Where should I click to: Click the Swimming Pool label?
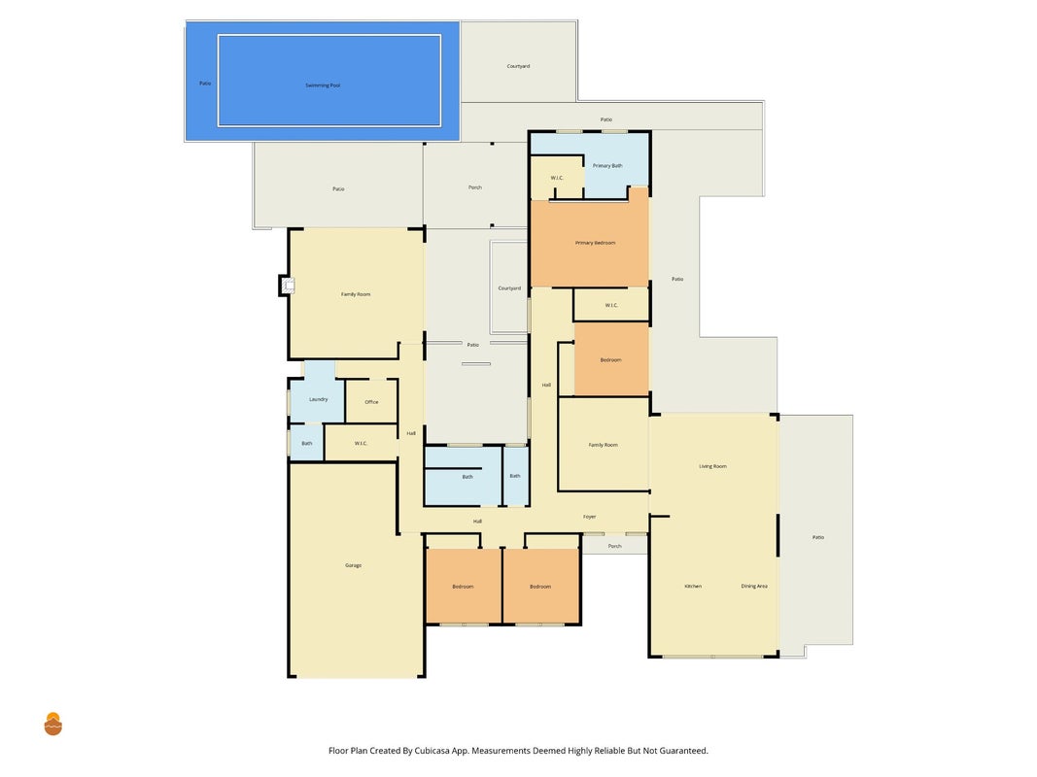323,85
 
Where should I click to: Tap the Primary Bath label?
607,166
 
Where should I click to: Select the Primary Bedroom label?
595,243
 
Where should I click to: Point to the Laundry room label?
318,399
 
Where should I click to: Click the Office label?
371,402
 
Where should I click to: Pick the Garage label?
353,565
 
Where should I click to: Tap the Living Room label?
713,466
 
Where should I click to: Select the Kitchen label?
693,586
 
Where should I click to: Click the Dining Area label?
754,586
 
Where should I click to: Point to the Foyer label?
589,517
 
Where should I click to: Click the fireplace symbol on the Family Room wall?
287,286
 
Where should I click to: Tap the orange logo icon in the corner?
52,725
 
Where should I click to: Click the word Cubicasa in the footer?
433,751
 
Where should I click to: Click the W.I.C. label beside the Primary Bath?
557,178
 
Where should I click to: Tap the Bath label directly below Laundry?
307,443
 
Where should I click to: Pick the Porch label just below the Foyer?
615,547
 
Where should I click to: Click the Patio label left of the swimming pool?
205,84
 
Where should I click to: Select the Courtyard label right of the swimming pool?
519,66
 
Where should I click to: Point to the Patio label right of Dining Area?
818,537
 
